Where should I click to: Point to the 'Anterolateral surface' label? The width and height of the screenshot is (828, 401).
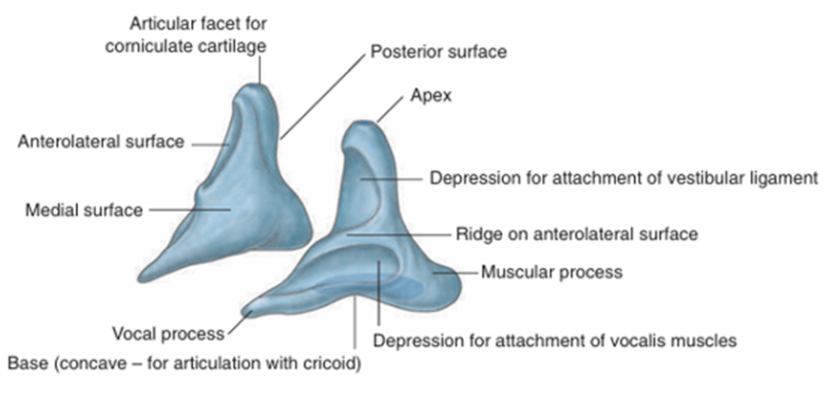pyautogui.click(x=101, y=143)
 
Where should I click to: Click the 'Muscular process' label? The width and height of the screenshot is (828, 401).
pyautogui.click(x=551, y=273)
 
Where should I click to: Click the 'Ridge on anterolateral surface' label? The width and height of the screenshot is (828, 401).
pyautogui.click(x=577, y=233)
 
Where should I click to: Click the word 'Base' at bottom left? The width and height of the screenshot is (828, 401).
pyautogui.click(x=26, y=363)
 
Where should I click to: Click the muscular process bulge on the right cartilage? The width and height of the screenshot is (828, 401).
pyautogui.click(x=437, y=280)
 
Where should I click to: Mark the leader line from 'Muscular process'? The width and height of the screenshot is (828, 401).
pyautogui.click(x=461, y=273)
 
